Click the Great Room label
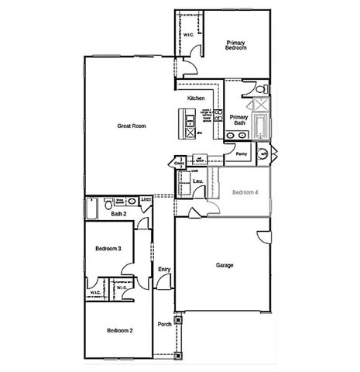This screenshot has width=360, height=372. [132, 126]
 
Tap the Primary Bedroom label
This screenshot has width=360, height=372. [235, 45]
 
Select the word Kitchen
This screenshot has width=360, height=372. [196, 98]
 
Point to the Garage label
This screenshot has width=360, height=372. [224, 265]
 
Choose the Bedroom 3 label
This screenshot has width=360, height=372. [108, 249]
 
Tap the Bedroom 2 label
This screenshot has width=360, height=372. [119, 330]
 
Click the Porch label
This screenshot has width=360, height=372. [164, 324]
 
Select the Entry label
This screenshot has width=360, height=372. [163, 269]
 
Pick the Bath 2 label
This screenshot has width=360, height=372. [118, 214]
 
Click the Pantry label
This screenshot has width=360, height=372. [241, 153]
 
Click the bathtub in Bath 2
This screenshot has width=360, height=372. [92, 207]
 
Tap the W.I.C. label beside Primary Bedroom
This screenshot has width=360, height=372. [189, 35]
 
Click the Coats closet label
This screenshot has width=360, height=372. [180, 164]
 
